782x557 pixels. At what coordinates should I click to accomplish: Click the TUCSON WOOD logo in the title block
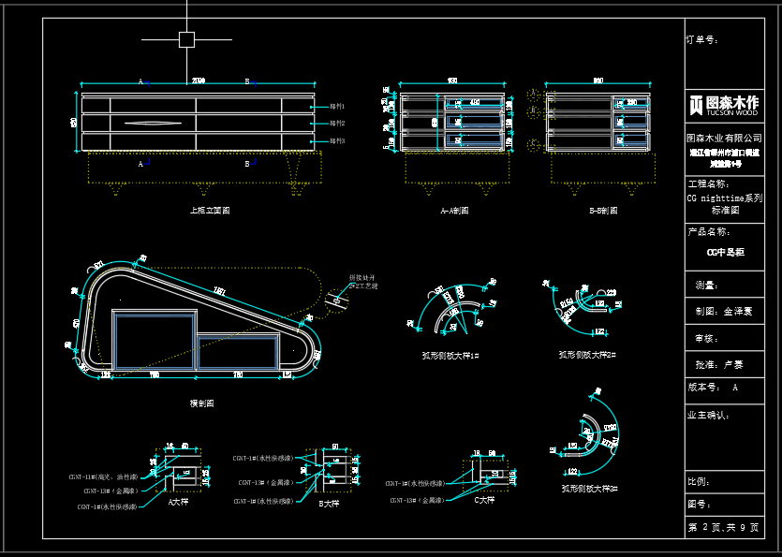724,105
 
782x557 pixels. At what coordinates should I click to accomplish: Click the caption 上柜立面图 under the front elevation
210,211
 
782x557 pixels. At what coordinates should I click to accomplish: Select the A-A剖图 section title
455,211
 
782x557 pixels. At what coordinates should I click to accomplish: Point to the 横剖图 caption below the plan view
202,403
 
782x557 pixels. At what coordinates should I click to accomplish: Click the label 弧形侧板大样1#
450,355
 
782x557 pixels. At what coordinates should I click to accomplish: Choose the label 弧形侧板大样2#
587,355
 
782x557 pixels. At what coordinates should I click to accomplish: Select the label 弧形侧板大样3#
589,488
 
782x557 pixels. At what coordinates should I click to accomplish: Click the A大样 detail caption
178,503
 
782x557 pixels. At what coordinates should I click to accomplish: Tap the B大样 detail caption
328,503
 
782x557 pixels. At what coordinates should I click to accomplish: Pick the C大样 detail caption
483,500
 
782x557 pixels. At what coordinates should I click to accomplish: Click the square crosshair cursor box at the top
186,39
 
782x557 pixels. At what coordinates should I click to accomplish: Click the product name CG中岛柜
725,252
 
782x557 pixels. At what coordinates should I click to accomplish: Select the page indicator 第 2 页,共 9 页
723,528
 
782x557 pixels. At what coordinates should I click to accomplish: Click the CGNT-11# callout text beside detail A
103,476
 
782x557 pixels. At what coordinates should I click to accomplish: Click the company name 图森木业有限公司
724,138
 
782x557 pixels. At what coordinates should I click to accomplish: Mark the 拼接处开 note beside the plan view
361,277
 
